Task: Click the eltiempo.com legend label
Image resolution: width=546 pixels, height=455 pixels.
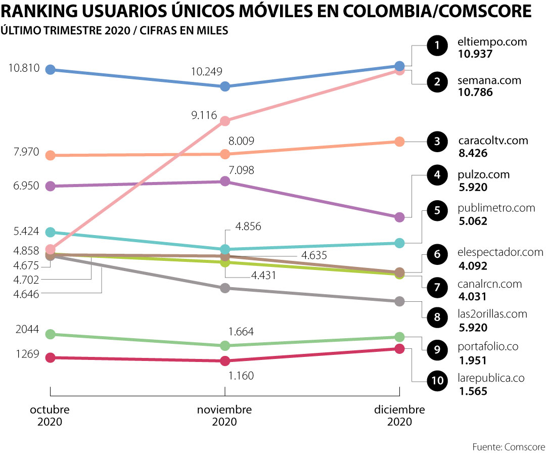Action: tap(492, 42)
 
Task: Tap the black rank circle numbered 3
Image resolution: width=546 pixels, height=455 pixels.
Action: tap(437, 142)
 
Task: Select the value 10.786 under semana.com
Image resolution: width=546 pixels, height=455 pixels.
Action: tap(475, 92)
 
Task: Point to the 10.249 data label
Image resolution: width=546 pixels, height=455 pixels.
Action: tap(207, 72)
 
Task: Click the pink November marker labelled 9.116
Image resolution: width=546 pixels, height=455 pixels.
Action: tap(225, 121)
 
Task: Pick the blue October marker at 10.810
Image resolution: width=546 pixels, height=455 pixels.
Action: tap(50, 69)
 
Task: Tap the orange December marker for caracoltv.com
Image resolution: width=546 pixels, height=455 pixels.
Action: tap(399, 142)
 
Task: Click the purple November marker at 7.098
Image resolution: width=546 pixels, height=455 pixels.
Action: tap(225, 181)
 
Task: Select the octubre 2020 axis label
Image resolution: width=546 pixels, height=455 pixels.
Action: tap(50, 415)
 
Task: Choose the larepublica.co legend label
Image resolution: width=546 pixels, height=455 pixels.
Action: tap(491, 378)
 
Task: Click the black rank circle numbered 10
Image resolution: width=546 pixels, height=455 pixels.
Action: tap(437, 380)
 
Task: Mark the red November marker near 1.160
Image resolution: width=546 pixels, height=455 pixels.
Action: tap(225, 361)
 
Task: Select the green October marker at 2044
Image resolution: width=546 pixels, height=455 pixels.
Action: tap(50, 334)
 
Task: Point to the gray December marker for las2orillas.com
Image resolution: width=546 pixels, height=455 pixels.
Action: tap(399, 301)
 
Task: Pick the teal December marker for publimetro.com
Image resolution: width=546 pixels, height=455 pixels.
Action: tap(399, 243)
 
